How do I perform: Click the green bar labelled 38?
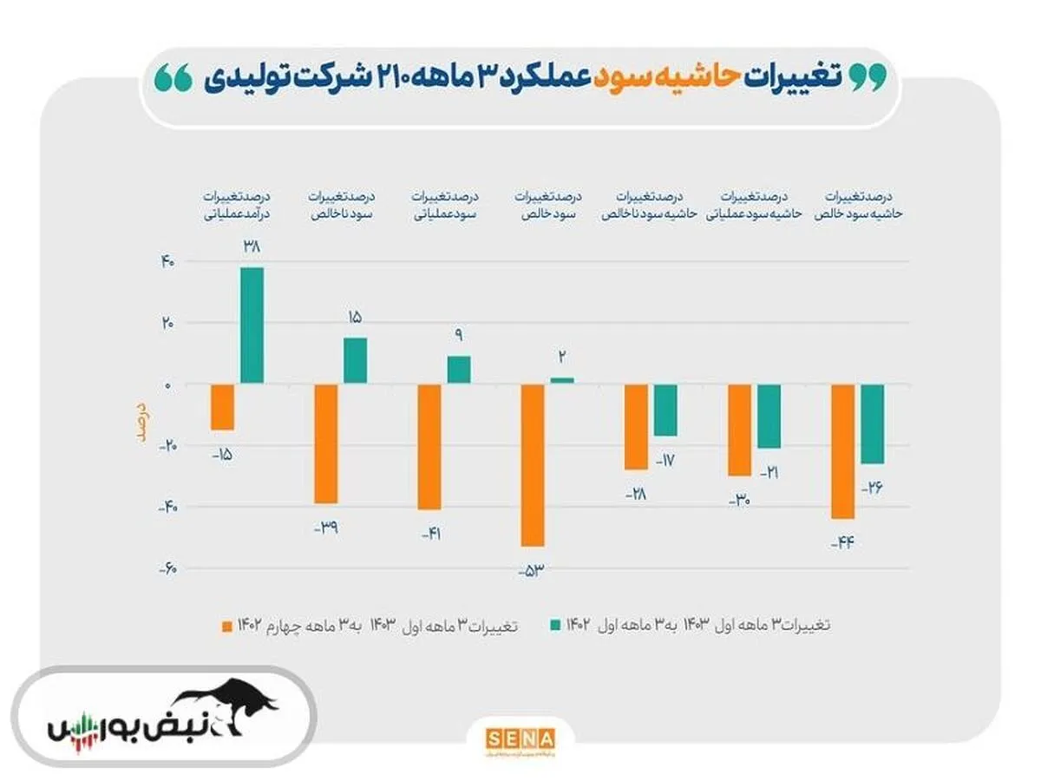(x=252, y=325)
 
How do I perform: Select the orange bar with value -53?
(x=532, y=465)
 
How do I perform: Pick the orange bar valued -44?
(x=842, y=451)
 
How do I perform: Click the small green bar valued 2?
(x=562, y=380)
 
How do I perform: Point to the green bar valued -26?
(x=872, y=423)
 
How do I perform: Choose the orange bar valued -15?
(x=222, y=407)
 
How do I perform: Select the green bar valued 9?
(x=459, y=370)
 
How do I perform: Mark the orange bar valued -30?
(x=739, y=430)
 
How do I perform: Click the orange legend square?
(x=228, y=624)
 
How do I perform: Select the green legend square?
(x=553, y=624)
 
